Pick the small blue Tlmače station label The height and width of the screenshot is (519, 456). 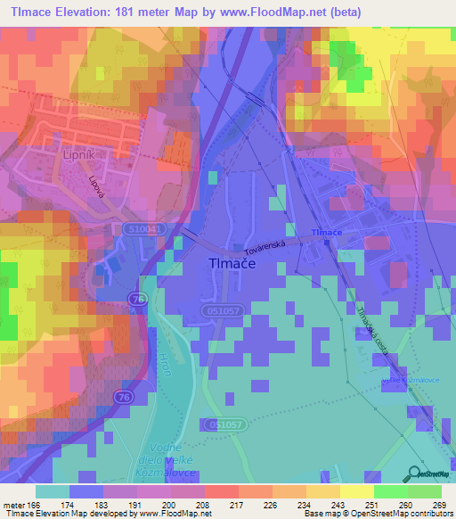click(326, 233)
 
